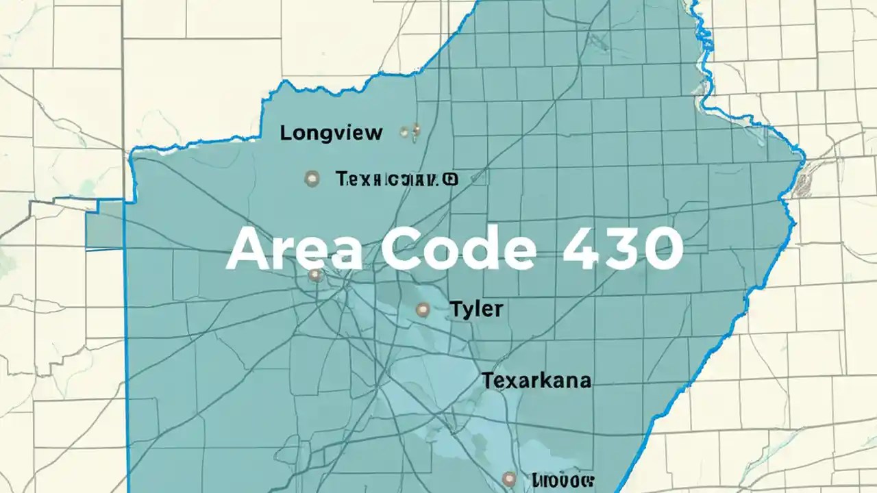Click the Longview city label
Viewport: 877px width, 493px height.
[x=331, y=133]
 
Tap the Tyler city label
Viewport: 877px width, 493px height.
[x=476, y=309]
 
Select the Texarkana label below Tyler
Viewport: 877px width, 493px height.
[x=536, y=381]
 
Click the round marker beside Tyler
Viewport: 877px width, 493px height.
[x=423, y=310]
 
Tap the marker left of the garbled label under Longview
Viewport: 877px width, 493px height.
[x=312, y=179]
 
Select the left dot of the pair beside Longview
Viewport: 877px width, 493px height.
[x=404, y=130]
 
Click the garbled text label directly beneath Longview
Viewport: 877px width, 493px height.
[x=391, y=179]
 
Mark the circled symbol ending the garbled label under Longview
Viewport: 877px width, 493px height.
[x=450, y=179]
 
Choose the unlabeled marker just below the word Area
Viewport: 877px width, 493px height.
[x=314, y=275]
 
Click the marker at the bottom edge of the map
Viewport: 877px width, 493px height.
[x=508, y=479]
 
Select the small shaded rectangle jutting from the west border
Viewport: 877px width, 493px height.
[x=105, y=225]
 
